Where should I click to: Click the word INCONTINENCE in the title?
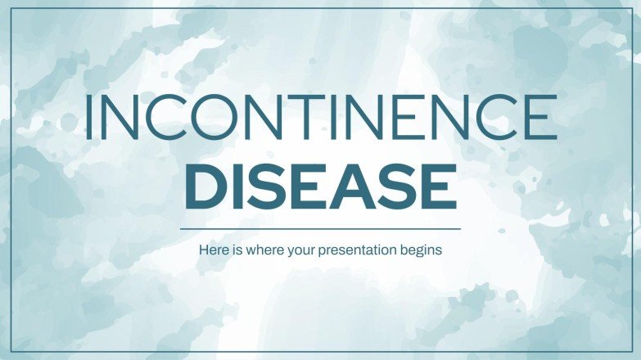point(320,117)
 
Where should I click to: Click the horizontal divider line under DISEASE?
point(320,229)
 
